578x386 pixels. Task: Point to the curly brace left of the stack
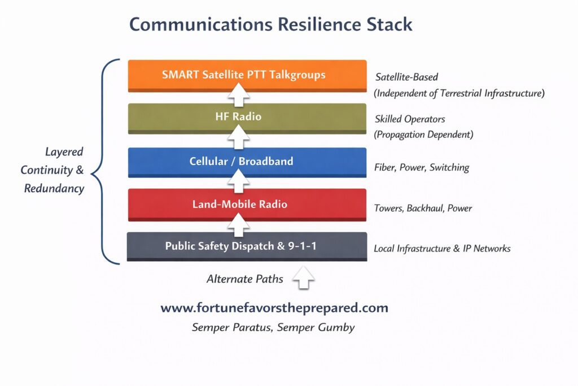pos(105,161)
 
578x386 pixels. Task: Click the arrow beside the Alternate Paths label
pos(304,278)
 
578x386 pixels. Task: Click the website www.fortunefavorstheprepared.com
pos(274,308)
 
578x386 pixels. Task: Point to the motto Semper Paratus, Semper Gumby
pos(273,327)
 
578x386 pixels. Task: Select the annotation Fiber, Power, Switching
pos(422,167)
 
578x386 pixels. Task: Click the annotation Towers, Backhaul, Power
pos(423,208)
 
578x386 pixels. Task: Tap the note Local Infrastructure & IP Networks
pos(442,248)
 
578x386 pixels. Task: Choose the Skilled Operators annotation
pos(410,119)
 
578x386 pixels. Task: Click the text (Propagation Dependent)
pos(424,135)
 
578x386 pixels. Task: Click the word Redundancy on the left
pos(54,188)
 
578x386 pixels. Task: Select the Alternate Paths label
pos(244,278)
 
